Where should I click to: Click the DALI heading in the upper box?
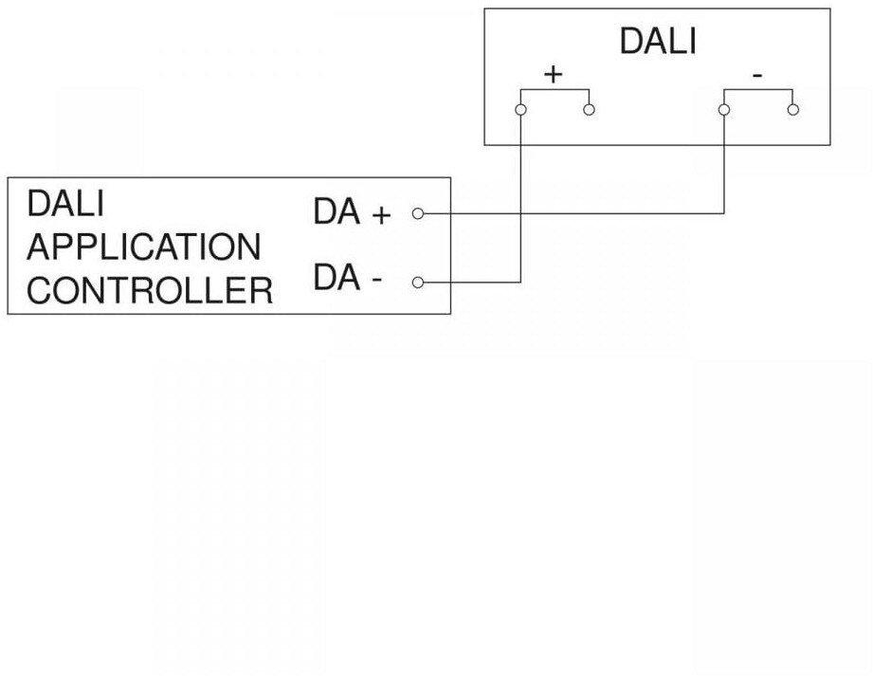point(657,42)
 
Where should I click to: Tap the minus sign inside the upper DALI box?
point(758,74)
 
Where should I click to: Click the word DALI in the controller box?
point(65,204)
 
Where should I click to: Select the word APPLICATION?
point(143,247)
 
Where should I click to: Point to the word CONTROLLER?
point(150,290)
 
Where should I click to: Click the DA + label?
point(352,213)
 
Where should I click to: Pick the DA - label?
point(348,279)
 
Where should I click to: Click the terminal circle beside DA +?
point(417,213)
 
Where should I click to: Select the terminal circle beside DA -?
point(417,282)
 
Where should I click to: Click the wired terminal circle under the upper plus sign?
point(520,110)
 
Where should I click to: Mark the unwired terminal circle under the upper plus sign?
point(589,110)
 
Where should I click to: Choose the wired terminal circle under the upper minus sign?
point(724,110)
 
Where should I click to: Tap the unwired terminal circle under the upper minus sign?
point(792,110)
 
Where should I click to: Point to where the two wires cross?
point(520,213)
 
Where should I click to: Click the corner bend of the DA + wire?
point(724,213)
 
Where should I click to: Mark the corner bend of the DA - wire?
point(520,282)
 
